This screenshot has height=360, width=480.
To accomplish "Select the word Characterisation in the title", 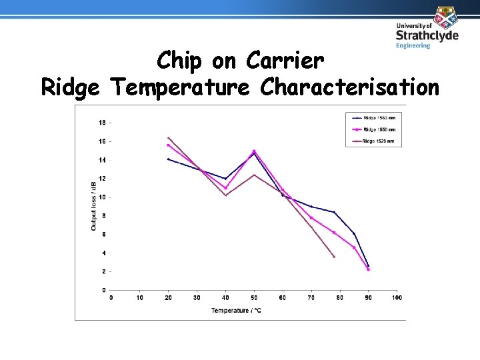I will (x=350, y=87).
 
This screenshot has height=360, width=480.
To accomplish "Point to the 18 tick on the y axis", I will (x=101, y=123).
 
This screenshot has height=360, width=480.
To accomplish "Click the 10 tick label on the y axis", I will (x=101, y=197).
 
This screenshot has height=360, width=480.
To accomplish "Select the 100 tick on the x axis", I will (x=397, y=297).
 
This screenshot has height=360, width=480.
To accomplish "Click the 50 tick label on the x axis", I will (x=254, y=297).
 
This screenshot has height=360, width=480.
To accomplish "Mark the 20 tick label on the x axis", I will (x=168, y=297).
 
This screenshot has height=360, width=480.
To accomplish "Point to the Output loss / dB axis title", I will (x=93, y=206).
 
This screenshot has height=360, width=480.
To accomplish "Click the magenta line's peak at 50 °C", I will (x=254, y=151).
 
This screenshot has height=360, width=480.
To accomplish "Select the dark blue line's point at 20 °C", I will (x=168, y=159).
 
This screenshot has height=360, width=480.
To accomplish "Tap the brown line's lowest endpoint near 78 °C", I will (x=334, y=257).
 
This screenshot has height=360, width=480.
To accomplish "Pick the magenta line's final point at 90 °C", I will (x=368, y=269).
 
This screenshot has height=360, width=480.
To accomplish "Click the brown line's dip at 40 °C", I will (x=225, y=195).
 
